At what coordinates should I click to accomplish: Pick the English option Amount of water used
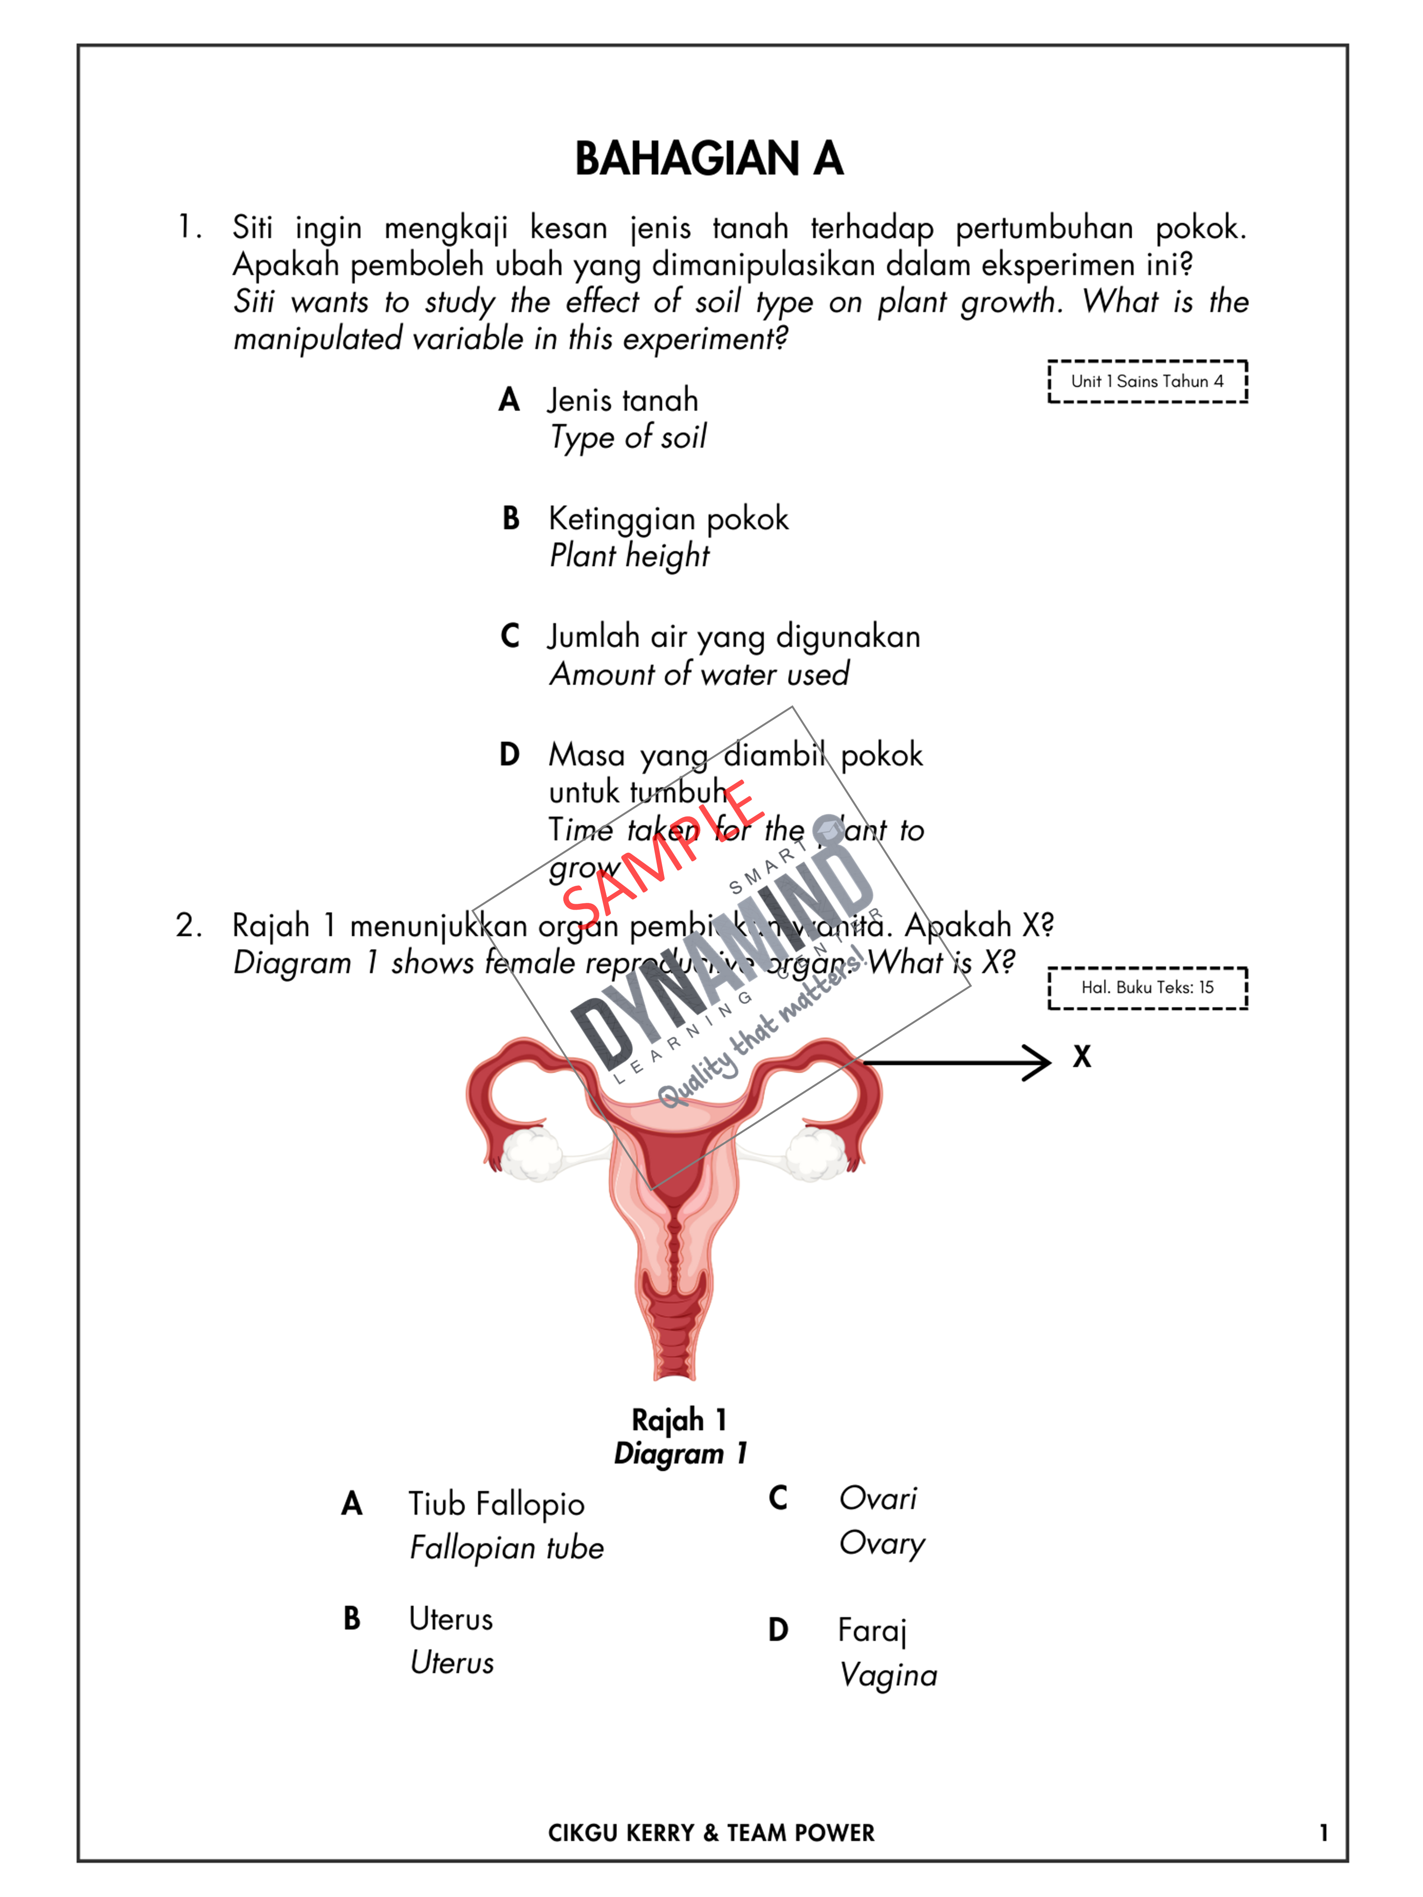pyautogui.click(x=699, y=674)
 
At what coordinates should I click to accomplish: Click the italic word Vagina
pyautogui.click(x=888, y=1675)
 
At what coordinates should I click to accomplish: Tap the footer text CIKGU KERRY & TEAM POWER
pyautogui.click(x=711, y=1833)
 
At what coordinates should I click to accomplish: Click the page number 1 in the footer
pyautogui.click(x=1324, y=1833)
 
